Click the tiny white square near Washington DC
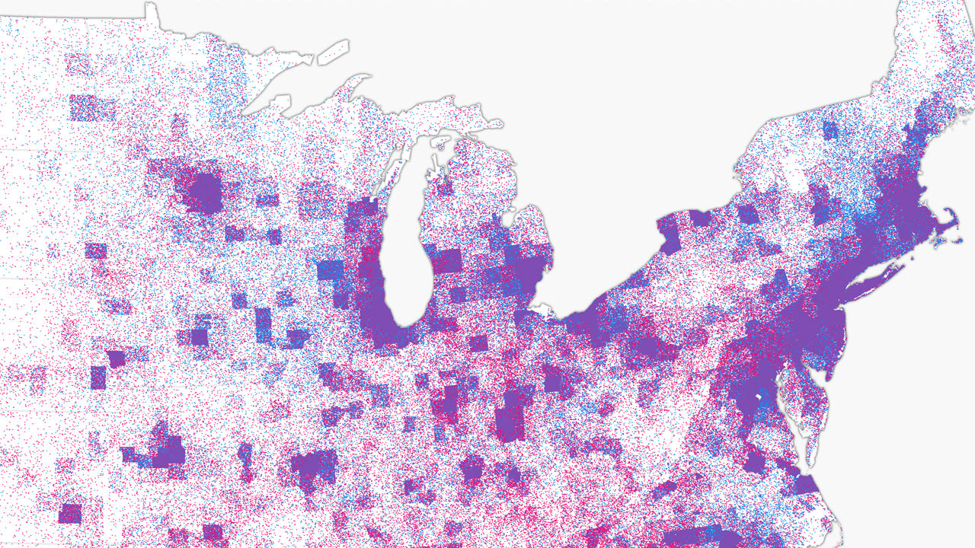(x=759, y=398)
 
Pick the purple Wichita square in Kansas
(x=69, y=513)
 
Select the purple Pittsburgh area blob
(x=647, y=346)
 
